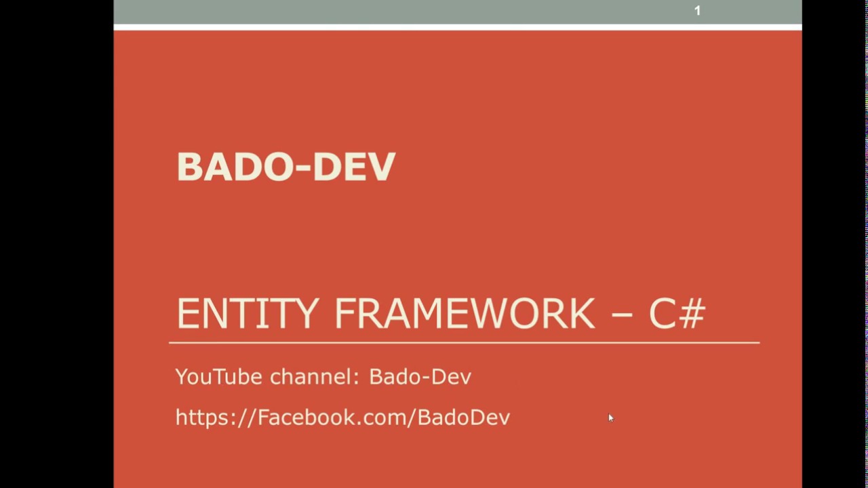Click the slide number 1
pyautogui.click(x=697, y=11)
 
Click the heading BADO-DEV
pyautogui.click(x=285, y=167)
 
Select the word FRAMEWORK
pyautogui.click(x=465, y=313)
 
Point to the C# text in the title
pyautogui.click(x=677, y=313)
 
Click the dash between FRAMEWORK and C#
pyautogui.click(x=622, y=316)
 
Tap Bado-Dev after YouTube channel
pyautogui.click(x=420, y=377)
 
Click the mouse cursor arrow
pyautogui.click(x=610, y=418)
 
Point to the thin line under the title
pyautogui.click(x=464, y=343)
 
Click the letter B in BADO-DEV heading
pyautogui.click(x=188, y=167)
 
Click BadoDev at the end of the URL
pyautogui.click(x=463, y=418)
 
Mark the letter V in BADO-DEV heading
pyautogui.click(x=381, y=167)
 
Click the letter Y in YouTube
pyautogui.click(x=181, y=377)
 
